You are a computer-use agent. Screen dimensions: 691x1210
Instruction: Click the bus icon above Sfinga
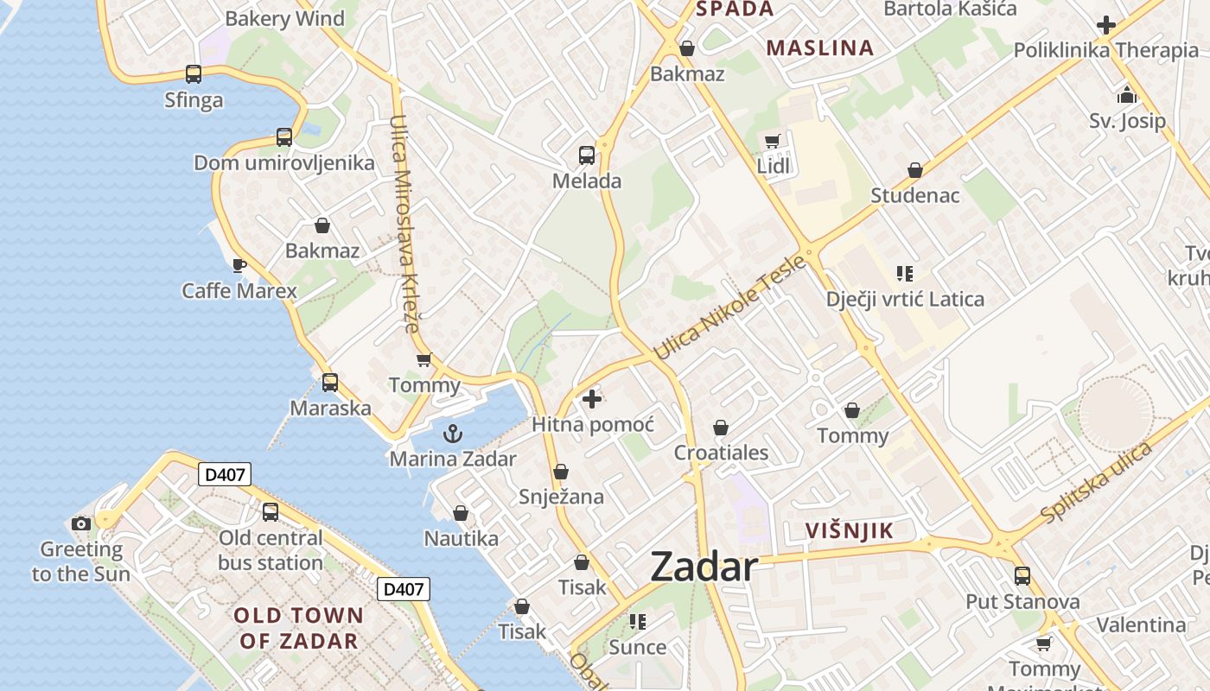194,74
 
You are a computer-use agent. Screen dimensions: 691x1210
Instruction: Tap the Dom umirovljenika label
283,163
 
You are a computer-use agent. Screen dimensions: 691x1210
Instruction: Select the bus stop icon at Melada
587,155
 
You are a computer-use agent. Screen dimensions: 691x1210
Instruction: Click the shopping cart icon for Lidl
773,141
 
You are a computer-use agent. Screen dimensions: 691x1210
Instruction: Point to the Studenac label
914,195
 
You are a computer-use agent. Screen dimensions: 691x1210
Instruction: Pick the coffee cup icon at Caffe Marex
239,265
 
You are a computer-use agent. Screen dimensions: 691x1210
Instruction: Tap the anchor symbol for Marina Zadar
453,434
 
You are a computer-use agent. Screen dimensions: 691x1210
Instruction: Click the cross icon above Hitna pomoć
592,399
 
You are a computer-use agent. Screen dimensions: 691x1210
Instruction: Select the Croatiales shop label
721,453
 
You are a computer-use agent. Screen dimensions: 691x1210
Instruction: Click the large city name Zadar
704,567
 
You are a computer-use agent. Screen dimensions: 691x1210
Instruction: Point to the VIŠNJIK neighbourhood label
848,530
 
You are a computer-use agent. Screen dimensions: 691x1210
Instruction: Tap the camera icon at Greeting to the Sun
81,523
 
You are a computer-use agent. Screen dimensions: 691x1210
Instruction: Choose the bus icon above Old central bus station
271,512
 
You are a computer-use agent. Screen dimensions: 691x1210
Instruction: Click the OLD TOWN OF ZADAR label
298,628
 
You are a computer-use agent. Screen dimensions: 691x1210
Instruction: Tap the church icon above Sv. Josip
1127,95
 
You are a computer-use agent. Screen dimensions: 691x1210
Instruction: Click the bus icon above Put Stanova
1022,575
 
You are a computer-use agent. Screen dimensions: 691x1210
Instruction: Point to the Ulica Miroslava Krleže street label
404,225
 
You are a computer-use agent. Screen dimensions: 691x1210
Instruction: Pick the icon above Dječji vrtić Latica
905,274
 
